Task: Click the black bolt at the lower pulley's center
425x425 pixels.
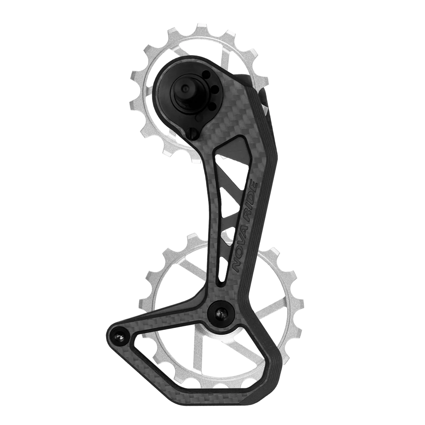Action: click(x=220, y=313)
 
